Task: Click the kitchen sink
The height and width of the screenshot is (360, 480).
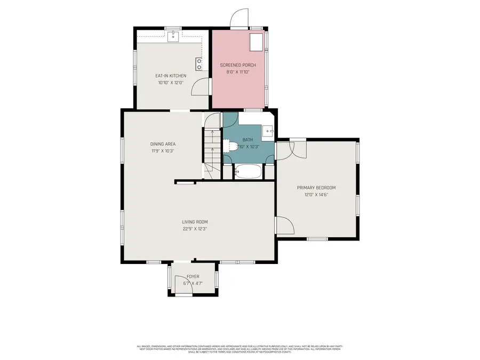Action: point(173,36)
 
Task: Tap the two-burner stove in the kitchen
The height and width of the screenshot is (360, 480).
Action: point(199,65)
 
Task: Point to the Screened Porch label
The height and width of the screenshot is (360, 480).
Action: point(238,65)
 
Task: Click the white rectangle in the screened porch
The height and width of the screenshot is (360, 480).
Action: point(257,41)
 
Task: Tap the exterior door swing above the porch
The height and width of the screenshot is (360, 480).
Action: point(238,19)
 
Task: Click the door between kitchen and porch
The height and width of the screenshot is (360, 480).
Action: point(201,86)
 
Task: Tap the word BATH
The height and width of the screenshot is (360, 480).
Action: point(249,140)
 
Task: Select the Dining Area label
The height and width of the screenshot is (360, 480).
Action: point(163,144)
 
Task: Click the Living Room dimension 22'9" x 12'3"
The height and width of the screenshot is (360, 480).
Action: point(195,229)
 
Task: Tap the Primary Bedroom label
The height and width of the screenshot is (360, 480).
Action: point(316,188)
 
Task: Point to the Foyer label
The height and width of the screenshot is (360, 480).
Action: point(193,276)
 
